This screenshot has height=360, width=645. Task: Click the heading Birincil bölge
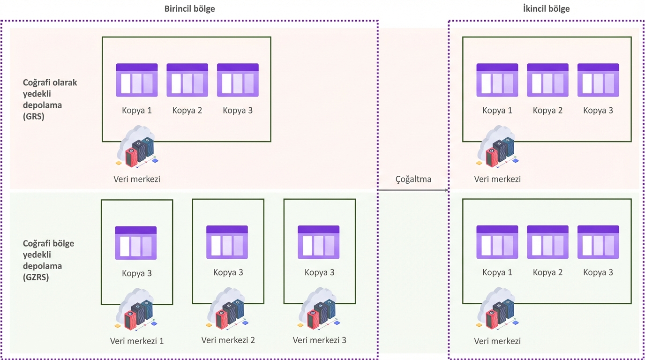pos(189,9)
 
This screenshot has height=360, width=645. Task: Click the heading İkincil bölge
pos(546,9)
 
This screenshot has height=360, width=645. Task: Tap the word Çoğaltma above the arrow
pos(413,179)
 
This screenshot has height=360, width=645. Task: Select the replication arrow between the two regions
pos(413,190)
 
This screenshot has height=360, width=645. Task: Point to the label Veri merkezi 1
pos(137,341)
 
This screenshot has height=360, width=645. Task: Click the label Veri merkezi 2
pos(228,340)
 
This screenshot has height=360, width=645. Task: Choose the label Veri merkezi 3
pos(320,340)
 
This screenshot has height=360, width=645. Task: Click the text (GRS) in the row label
pos(33,117)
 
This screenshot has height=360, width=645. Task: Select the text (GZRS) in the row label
pos(36,277)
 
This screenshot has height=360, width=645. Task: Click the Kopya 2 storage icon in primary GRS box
pos(187,80)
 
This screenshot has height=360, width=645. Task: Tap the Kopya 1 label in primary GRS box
pos(137,111)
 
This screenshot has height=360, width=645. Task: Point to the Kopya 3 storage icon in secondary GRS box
pos(598,80)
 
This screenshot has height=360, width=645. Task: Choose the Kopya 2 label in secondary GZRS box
pos(547,272)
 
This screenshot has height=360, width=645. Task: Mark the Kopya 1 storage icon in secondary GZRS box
pos(497,242)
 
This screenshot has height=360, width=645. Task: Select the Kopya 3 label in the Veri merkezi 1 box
pos(137,273)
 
